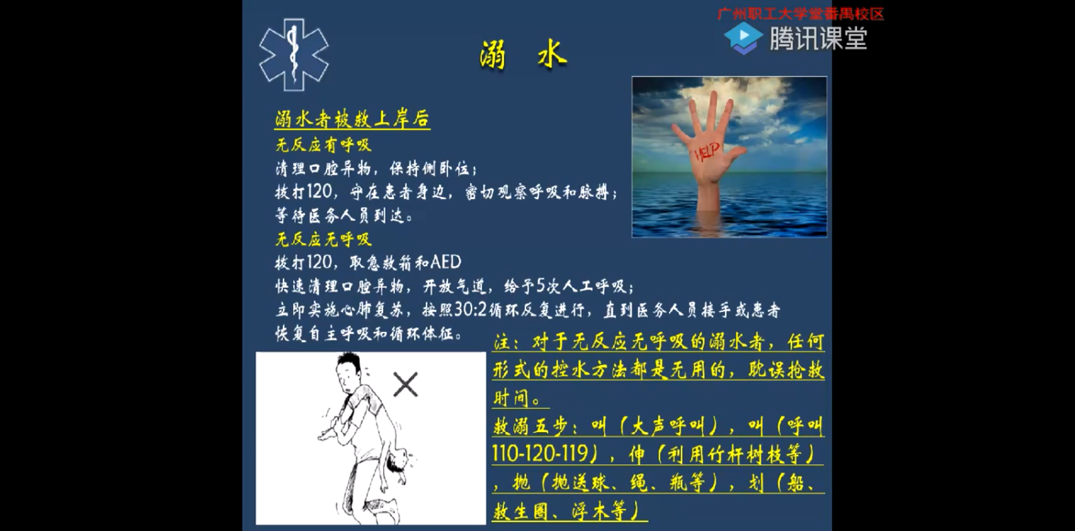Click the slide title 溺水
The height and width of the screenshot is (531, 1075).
pos(523,54)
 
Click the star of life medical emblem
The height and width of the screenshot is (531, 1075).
pos(294,54)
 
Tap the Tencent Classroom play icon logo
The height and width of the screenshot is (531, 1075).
pos(743,38)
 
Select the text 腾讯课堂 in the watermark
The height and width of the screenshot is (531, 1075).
pos(818,38)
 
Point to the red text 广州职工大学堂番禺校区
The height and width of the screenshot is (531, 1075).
pos(800,14)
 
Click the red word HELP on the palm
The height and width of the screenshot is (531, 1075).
pos(707,152)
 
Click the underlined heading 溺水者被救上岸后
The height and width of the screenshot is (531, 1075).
pos(352,119)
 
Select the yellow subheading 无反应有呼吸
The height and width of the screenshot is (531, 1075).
pos(323,145)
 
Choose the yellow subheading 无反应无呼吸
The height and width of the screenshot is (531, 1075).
pos(323,239)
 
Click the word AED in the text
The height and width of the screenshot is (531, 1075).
pos(446,262)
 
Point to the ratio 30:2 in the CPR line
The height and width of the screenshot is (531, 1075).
pos(471,310)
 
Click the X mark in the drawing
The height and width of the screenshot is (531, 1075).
pos(406,384)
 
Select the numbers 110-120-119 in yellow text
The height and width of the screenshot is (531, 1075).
pos(540,453)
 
